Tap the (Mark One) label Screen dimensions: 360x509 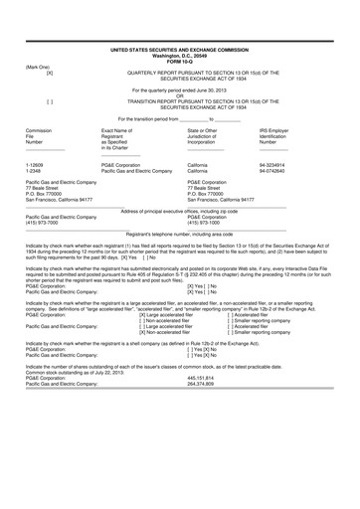pyautogui.click(x=39, y=67)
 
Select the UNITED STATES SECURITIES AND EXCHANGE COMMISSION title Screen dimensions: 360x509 pyautogui.click(x=179, y=48)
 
